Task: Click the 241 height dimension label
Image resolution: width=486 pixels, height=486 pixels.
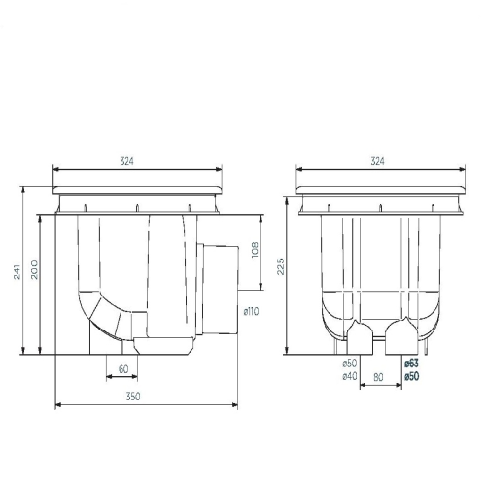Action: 17,271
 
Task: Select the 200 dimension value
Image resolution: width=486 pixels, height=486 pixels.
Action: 34,269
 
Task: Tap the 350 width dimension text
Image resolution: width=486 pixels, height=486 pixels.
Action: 133,397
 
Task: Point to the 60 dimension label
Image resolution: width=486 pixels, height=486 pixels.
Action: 123,369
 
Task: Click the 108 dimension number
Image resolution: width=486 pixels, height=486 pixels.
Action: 255,250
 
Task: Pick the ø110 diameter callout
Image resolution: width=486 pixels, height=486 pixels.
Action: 252,312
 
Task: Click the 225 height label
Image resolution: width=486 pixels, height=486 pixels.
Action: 281,266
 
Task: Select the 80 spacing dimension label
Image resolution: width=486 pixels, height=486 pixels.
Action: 378,377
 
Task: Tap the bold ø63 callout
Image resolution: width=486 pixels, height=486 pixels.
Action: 411,364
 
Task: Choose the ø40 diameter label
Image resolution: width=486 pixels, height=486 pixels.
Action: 350,376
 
